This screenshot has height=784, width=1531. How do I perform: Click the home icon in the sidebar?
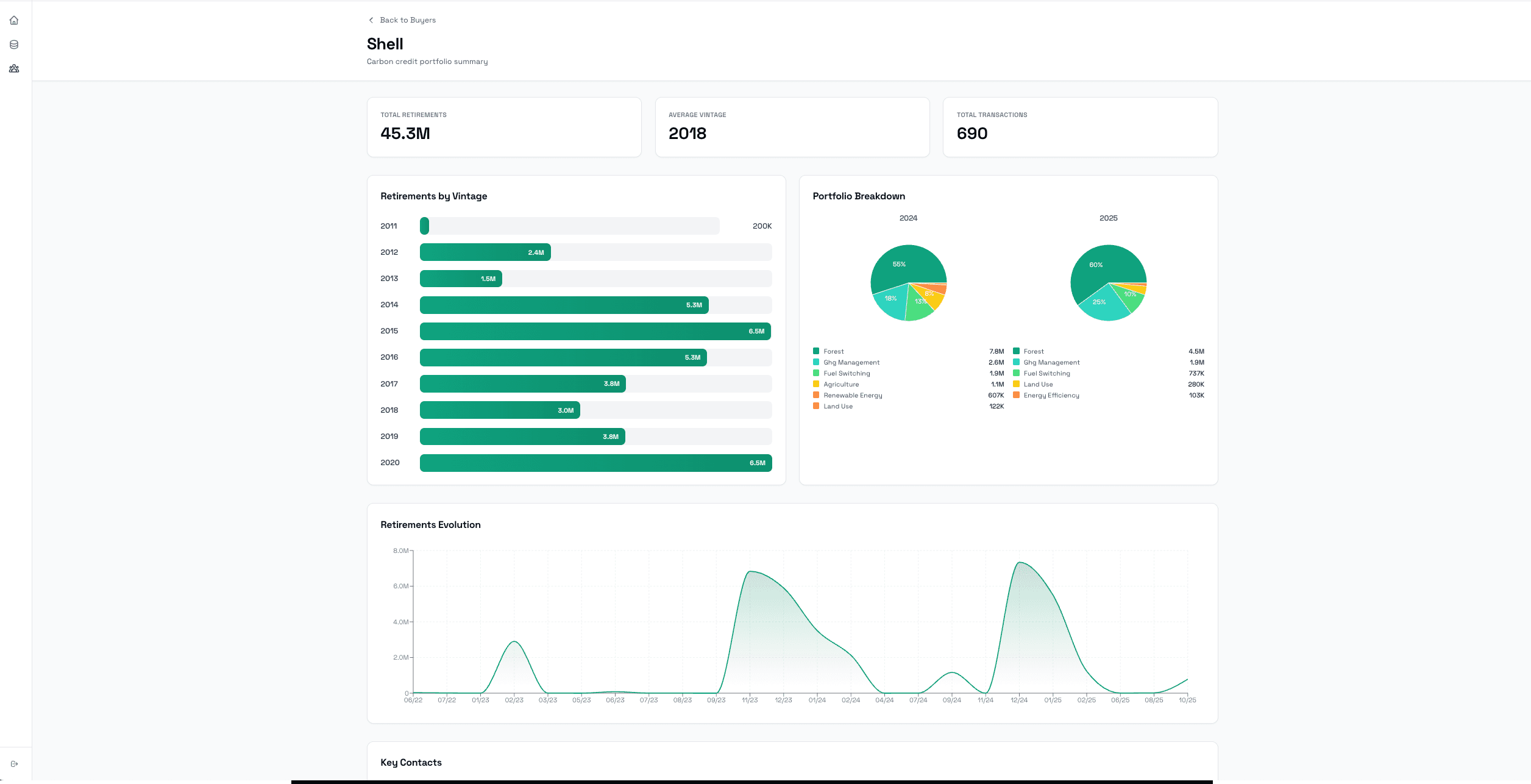point(14,21)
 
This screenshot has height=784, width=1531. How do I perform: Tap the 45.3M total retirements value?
point(405,134)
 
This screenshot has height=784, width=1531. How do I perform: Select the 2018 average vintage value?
point(687,134)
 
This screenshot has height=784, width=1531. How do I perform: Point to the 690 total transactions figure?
point(972,134)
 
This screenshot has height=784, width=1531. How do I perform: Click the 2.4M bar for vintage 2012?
point(485,252)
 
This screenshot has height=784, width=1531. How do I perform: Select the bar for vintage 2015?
point(595,331)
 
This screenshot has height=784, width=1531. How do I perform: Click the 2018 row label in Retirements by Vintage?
point(389,410)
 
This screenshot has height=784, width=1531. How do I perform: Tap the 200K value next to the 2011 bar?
point(761,226)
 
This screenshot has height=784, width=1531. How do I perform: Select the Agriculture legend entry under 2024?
point(840,385)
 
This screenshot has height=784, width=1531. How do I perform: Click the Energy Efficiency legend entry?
point(1051,396)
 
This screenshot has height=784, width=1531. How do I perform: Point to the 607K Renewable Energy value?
point(995,396)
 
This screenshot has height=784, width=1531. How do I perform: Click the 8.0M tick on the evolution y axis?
point(400,551)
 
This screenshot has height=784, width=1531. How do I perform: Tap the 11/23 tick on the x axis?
point(750,700)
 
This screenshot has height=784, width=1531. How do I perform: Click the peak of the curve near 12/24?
point(1020,563)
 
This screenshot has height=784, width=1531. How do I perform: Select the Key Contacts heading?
point(411,763)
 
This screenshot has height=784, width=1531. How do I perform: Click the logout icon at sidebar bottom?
point(14,764)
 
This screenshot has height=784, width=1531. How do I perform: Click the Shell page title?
point(385,44)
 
